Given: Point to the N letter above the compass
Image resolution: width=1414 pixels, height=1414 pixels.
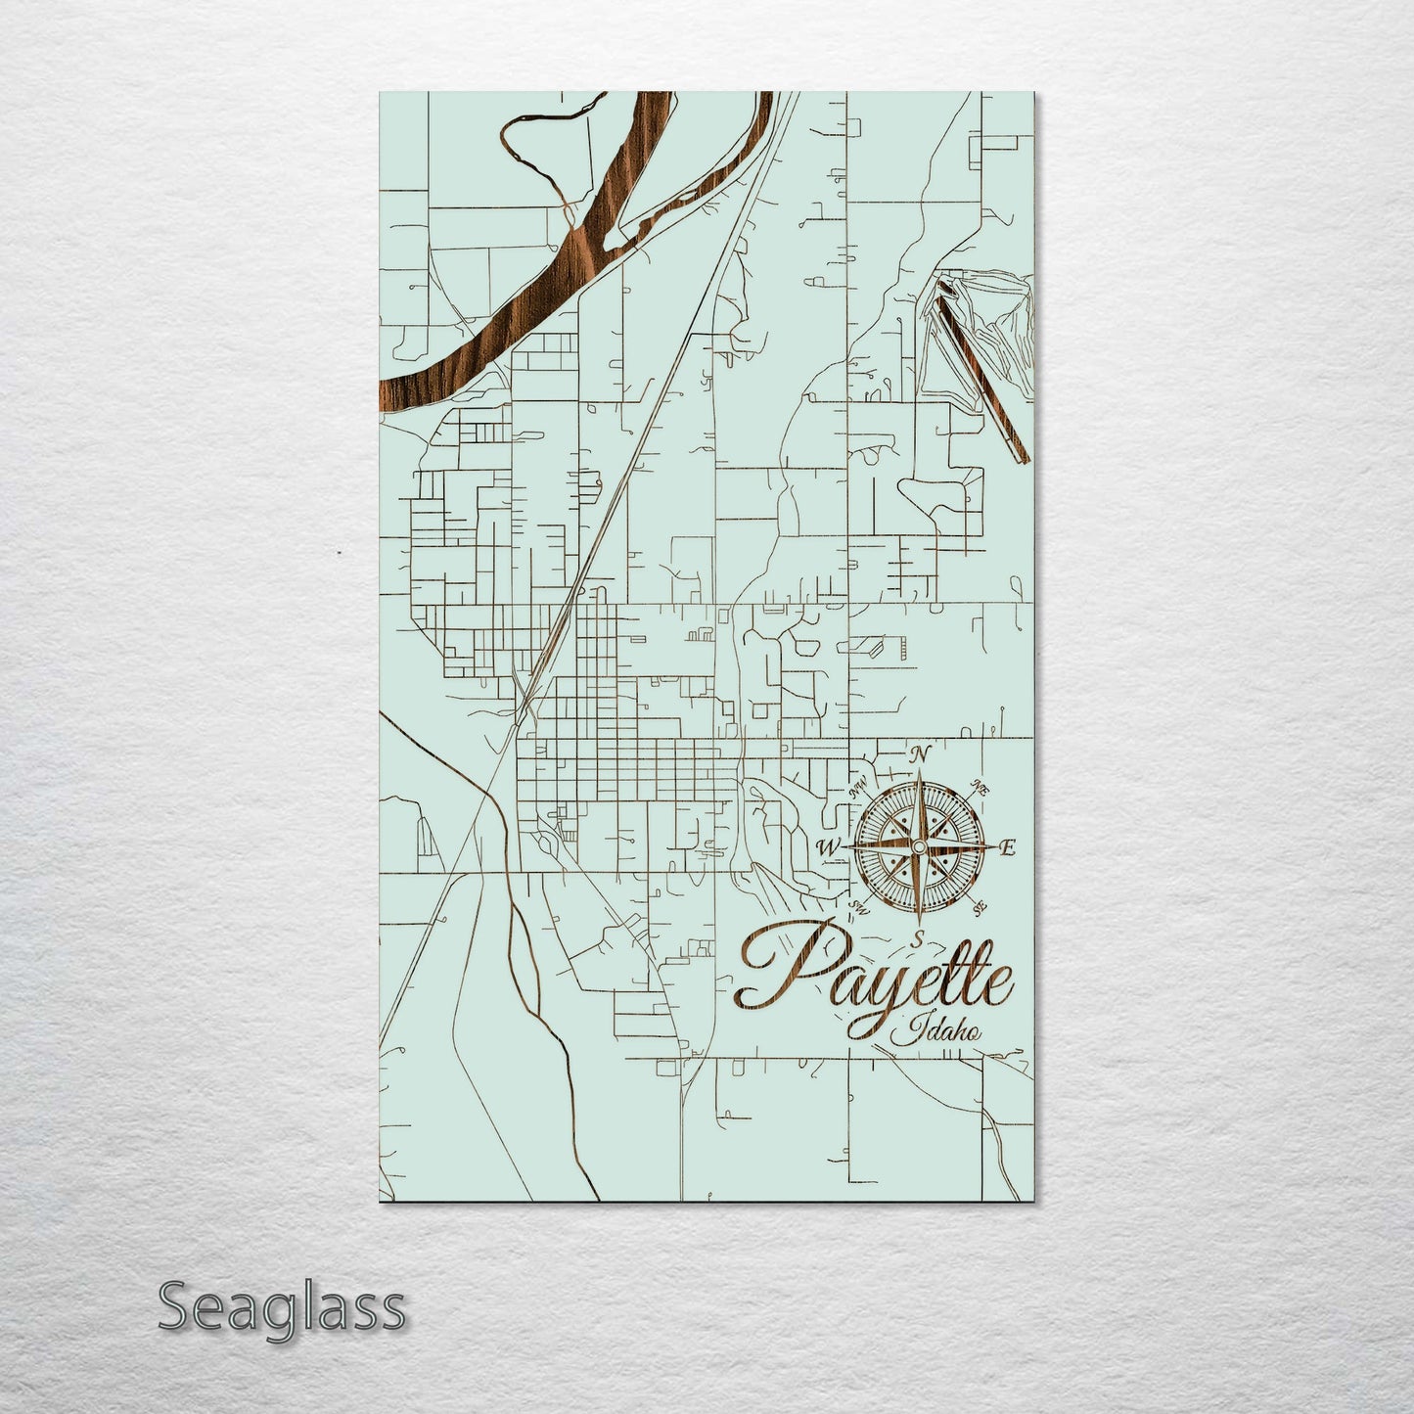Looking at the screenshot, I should (x=918, y=753).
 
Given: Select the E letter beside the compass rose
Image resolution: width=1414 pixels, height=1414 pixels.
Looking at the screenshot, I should (x=1010, y=846).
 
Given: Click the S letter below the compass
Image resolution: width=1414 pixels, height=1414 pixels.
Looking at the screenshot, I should (x=917, y=937).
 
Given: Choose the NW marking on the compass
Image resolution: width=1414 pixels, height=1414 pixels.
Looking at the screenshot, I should (x=860, y=787).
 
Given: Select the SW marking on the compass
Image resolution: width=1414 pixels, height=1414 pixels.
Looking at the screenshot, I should (x=860, y=905).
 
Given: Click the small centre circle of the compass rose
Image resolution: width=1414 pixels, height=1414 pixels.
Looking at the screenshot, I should (x=919, y=845).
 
